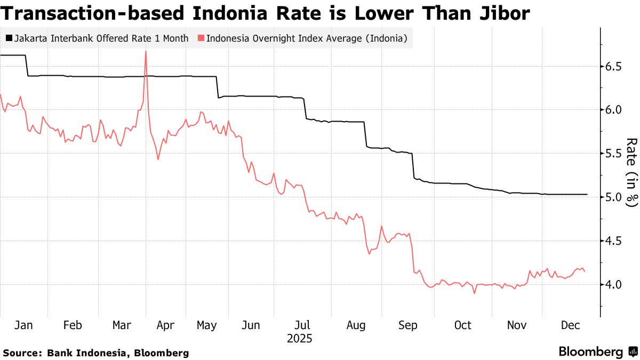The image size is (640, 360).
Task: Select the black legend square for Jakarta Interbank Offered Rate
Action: [9, 38]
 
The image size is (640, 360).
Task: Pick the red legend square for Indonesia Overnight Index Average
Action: [201, 38]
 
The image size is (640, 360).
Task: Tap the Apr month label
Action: [165, 325]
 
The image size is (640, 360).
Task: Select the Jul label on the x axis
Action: [302, 325]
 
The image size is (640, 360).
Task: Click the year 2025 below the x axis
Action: [299, 339]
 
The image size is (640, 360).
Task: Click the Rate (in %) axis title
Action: [632, 172]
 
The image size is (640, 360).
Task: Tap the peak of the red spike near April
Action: [146, 51]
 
